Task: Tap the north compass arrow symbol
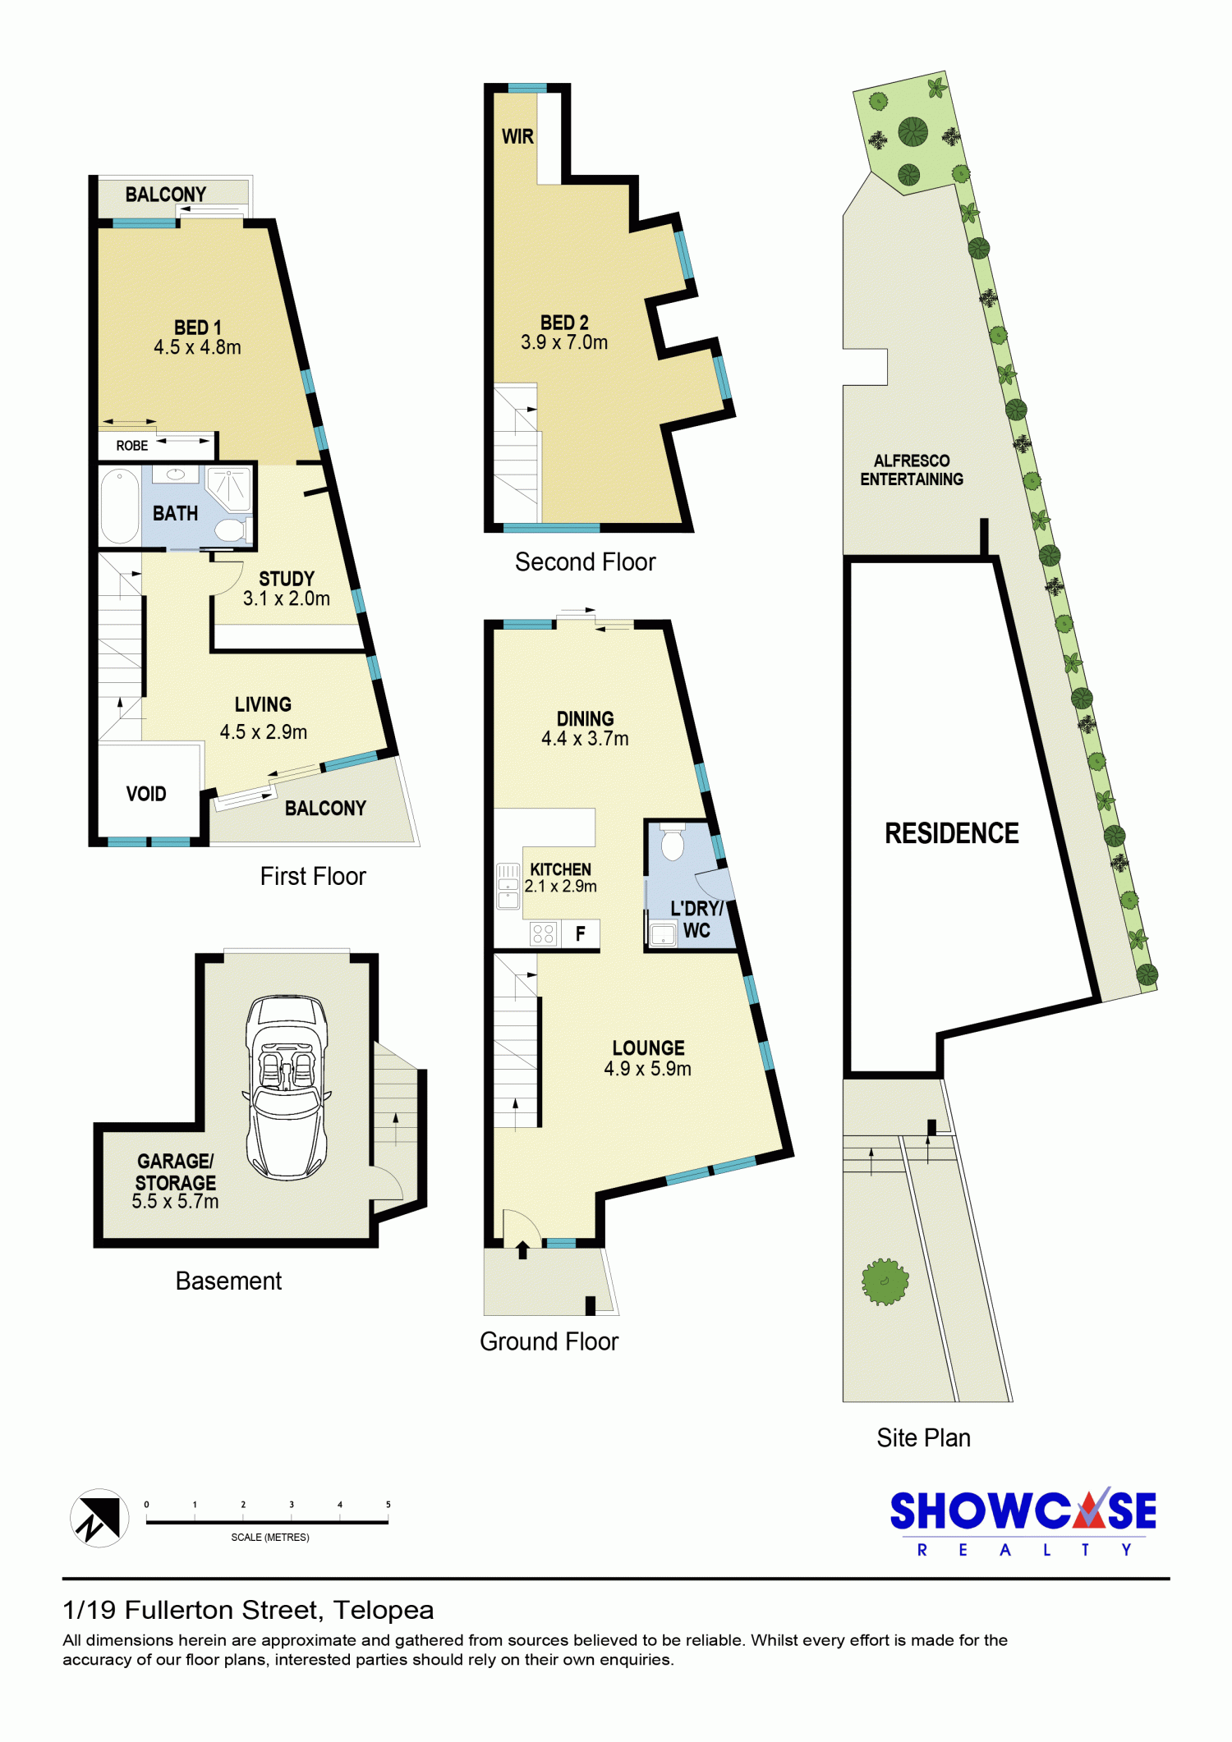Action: [99, 1518]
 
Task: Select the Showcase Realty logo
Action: [1023, 1521]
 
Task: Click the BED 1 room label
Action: [197, 328]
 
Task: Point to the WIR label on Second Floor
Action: [517, 136]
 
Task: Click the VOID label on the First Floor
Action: [146, 794]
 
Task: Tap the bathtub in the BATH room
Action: [120, 507]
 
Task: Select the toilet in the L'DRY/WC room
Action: [673, 841]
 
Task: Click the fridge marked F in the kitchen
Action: [581, 933]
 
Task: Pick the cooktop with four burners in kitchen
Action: [543, 933]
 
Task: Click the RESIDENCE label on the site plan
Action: [952, 833]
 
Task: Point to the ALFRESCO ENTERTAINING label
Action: [912, 470]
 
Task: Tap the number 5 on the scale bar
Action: [388, 1505]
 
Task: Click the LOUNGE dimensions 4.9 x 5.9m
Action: [647, 1068]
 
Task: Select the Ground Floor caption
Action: [549, 1341]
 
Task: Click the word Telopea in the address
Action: [384, 1610]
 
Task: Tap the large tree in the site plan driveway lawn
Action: [885, 1281]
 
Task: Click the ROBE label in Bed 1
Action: [132, 446]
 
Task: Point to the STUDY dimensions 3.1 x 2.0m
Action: [286, 598]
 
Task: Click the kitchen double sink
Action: [508, 886]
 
